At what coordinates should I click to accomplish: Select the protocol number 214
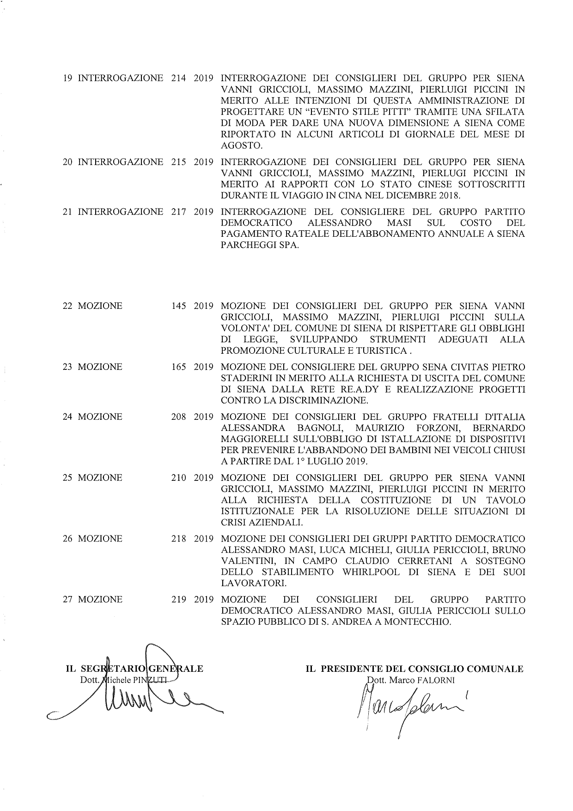coord(178,78)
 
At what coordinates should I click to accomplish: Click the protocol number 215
coord(178,162)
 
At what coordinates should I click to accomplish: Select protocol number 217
coord(178,212)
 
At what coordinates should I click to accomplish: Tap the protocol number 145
coord(178,306)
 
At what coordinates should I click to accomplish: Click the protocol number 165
coord(178,367)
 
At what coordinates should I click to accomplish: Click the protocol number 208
coord(178,417)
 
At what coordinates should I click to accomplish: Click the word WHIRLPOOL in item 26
coord(372,572)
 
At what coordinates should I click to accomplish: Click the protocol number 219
coord(178,600)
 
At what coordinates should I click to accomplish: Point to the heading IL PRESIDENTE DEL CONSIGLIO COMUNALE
coord(414,669)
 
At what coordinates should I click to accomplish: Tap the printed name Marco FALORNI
coord(409,680)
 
